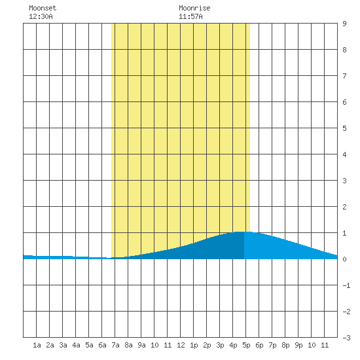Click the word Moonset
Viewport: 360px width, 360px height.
(43, 8)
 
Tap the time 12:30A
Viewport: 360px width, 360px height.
(41, 16)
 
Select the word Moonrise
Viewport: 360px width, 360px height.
(194, 8)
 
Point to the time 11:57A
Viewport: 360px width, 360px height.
(190, 16)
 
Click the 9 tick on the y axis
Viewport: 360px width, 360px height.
(344, 24)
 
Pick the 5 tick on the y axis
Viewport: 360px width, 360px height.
(344, 128)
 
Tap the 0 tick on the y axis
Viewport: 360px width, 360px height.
(344, 259)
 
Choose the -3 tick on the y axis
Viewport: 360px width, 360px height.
(346, 338)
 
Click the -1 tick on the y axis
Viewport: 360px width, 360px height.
(346, 285)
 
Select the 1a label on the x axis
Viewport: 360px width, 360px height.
(37, 345)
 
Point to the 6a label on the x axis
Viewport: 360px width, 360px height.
(102, 345)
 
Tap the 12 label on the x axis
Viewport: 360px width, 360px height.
(181, 345)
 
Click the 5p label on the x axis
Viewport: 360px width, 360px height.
(246, 345)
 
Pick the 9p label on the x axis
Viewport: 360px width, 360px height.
(298, 345)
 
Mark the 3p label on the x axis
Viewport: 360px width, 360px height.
(220, 345)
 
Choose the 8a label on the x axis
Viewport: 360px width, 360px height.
(128, 345)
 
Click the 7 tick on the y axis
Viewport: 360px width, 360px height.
(344, 76)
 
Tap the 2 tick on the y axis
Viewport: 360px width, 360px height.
(344, 207)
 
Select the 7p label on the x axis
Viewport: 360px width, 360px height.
(272, 345)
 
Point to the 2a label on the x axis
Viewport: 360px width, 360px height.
(50, 345)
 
